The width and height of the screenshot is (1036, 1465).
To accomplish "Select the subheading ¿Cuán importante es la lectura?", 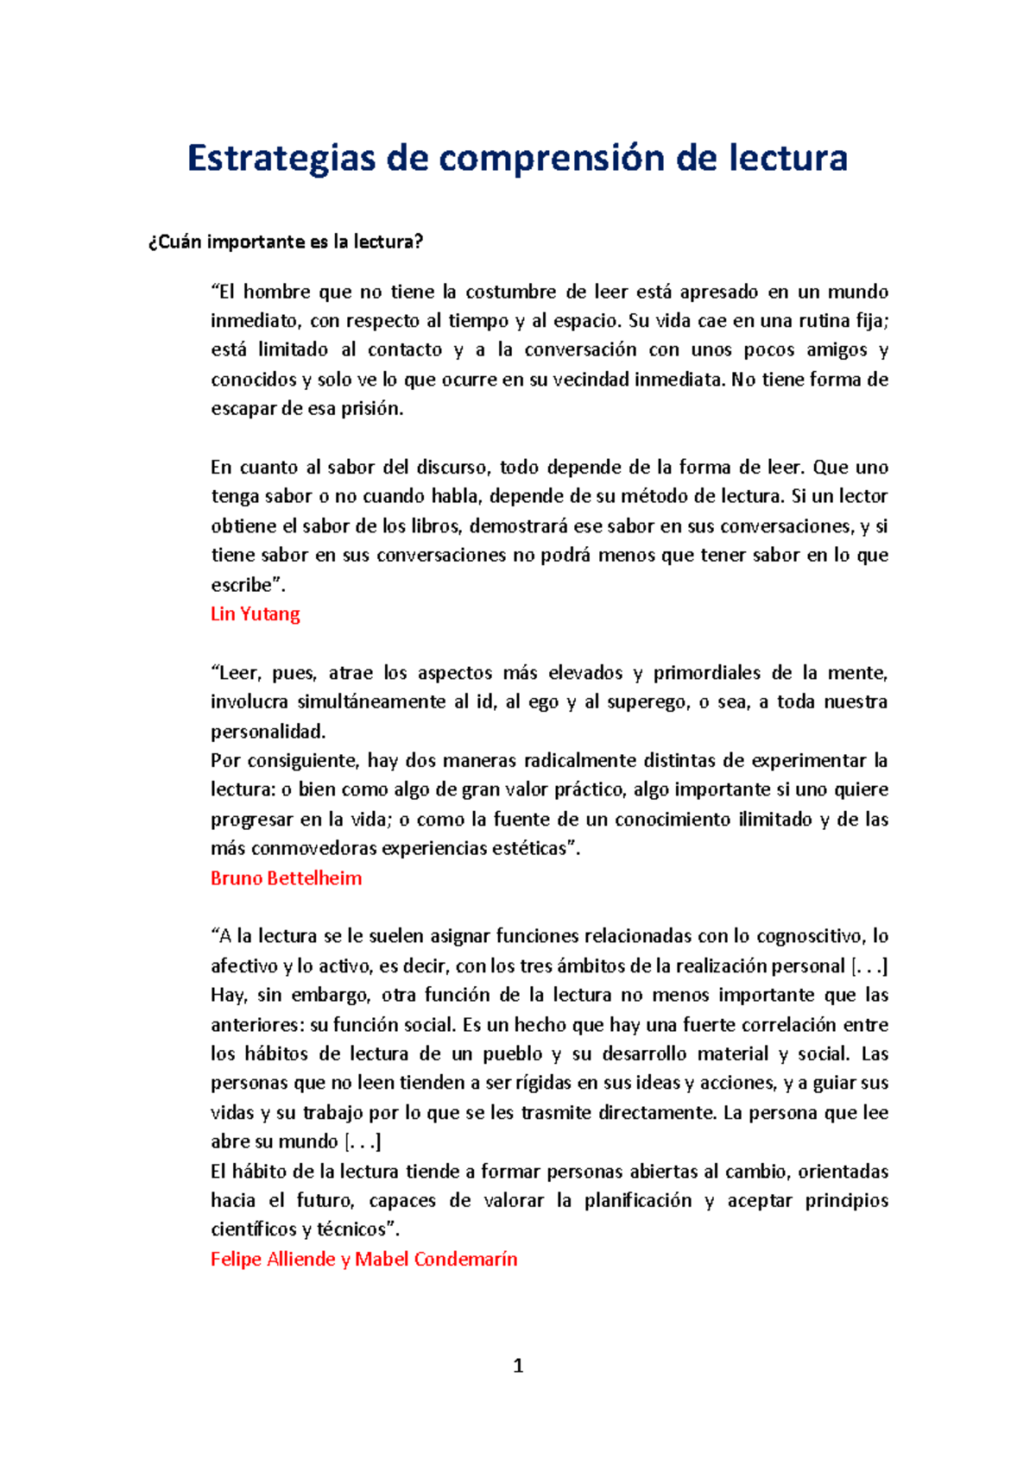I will click(x=286, y=242).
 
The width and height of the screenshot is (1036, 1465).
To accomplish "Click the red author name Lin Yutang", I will click(x=256, y=614).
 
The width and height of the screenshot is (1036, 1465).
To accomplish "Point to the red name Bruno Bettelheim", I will click(x=286, y=878).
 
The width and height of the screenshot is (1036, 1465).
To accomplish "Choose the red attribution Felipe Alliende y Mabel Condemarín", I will click(x=363, y=1259).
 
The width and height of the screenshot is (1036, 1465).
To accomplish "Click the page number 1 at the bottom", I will click(x=518, y=1366).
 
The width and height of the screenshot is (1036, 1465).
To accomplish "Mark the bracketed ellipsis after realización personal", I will click(x=869, y=966).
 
